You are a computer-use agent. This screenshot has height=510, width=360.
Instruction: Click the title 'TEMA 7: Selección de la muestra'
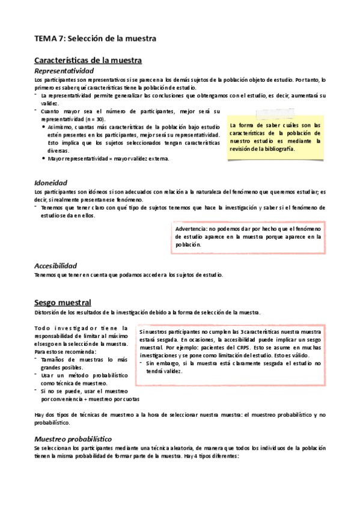(95, 38)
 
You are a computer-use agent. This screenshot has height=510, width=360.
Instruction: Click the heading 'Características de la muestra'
(88, 60)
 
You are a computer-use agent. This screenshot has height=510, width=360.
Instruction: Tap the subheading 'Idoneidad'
(50, 182)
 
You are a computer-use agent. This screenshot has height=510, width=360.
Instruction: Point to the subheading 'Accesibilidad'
(55, 265)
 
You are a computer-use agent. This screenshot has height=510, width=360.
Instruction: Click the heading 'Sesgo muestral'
(63, 302)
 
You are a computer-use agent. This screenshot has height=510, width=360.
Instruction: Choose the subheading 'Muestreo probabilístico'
(73, 438)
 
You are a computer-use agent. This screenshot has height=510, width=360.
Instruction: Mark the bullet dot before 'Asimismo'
(43, 127)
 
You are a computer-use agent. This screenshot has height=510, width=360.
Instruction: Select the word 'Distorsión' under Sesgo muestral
(46, 312)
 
